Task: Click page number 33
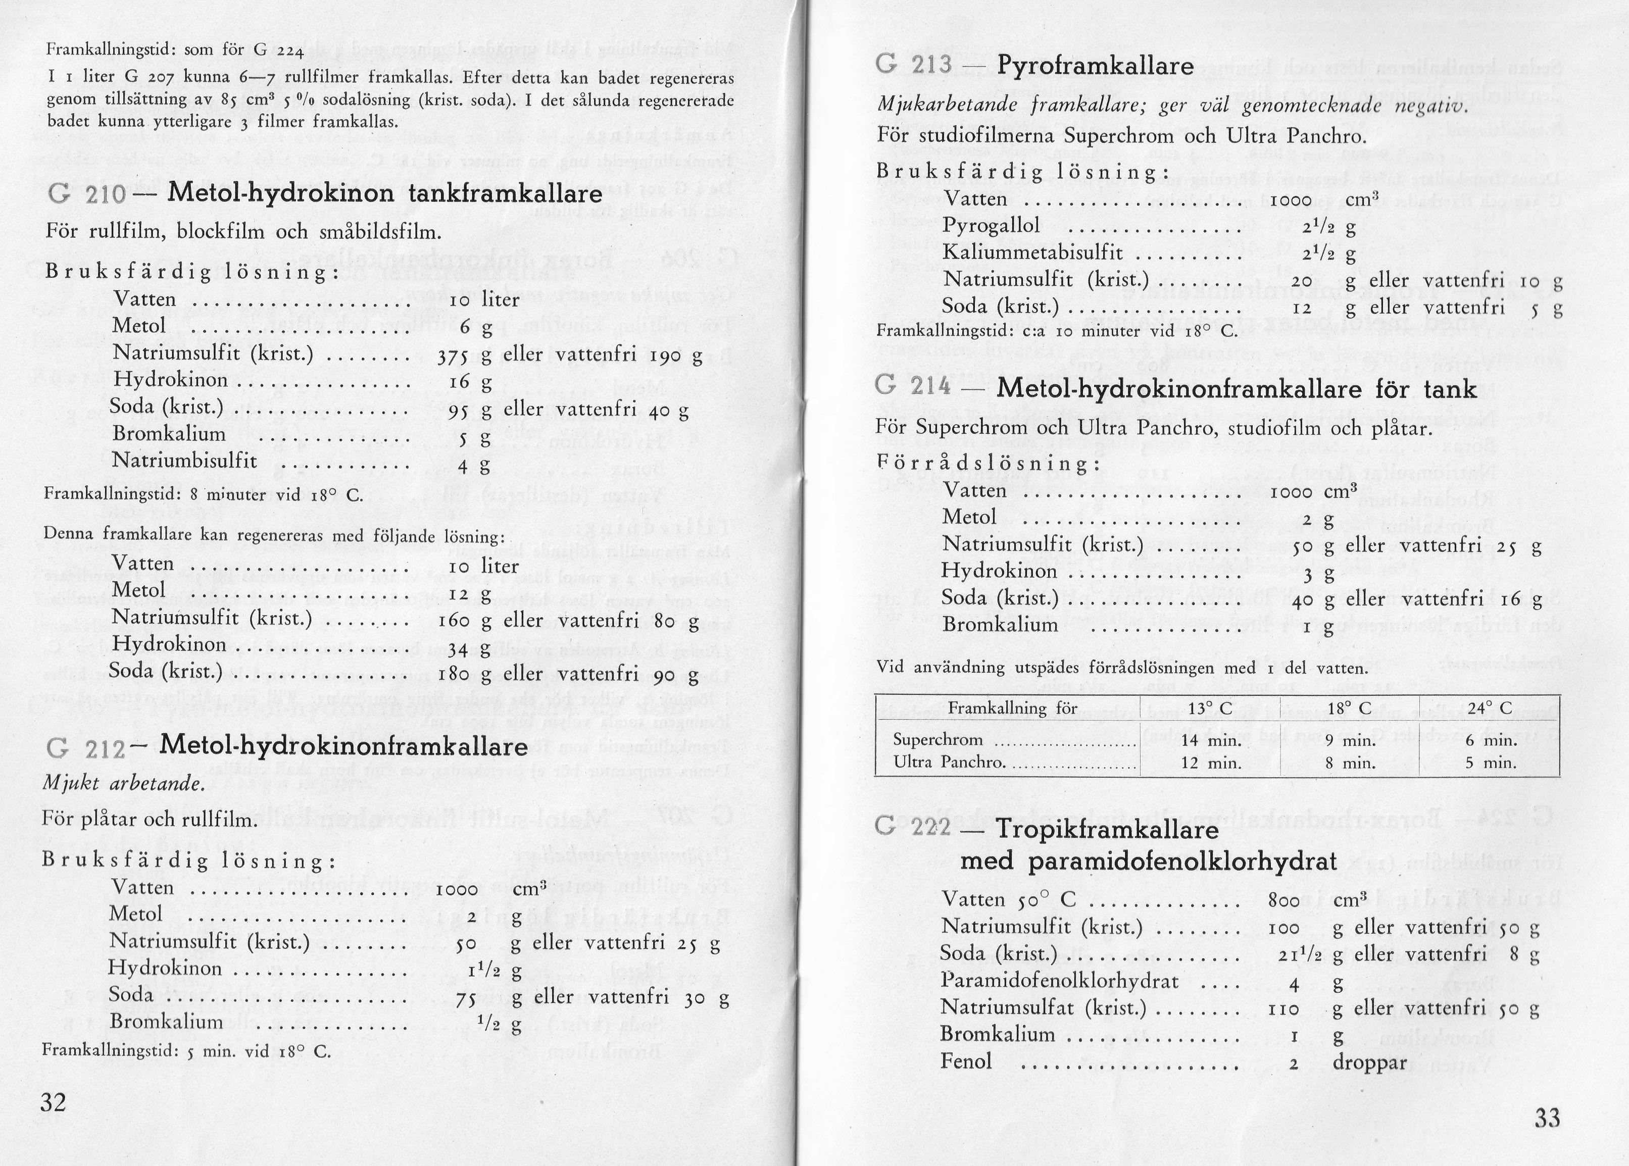point(1547,1118)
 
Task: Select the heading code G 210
point(87,194)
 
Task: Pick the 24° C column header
point(1490,708)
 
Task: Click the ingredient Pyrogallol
point(991,226)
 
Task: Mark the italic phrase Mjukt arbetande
point(124,783)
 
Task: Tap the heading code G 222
point(914,829)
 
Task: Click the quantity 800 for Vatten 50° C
point(1284,901)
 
